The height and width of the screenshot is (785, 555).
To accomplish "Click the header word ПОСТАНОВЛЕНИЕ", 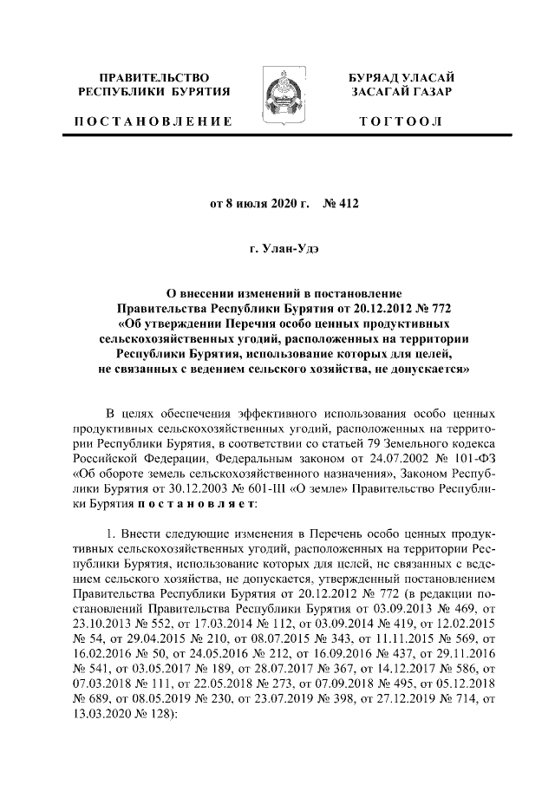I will [153, 121].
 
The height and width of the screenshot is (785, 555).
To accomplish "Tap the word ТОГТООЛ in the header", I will [402, 121].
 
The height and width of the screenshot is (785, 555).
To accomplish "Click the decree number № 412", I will [341, 205].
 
